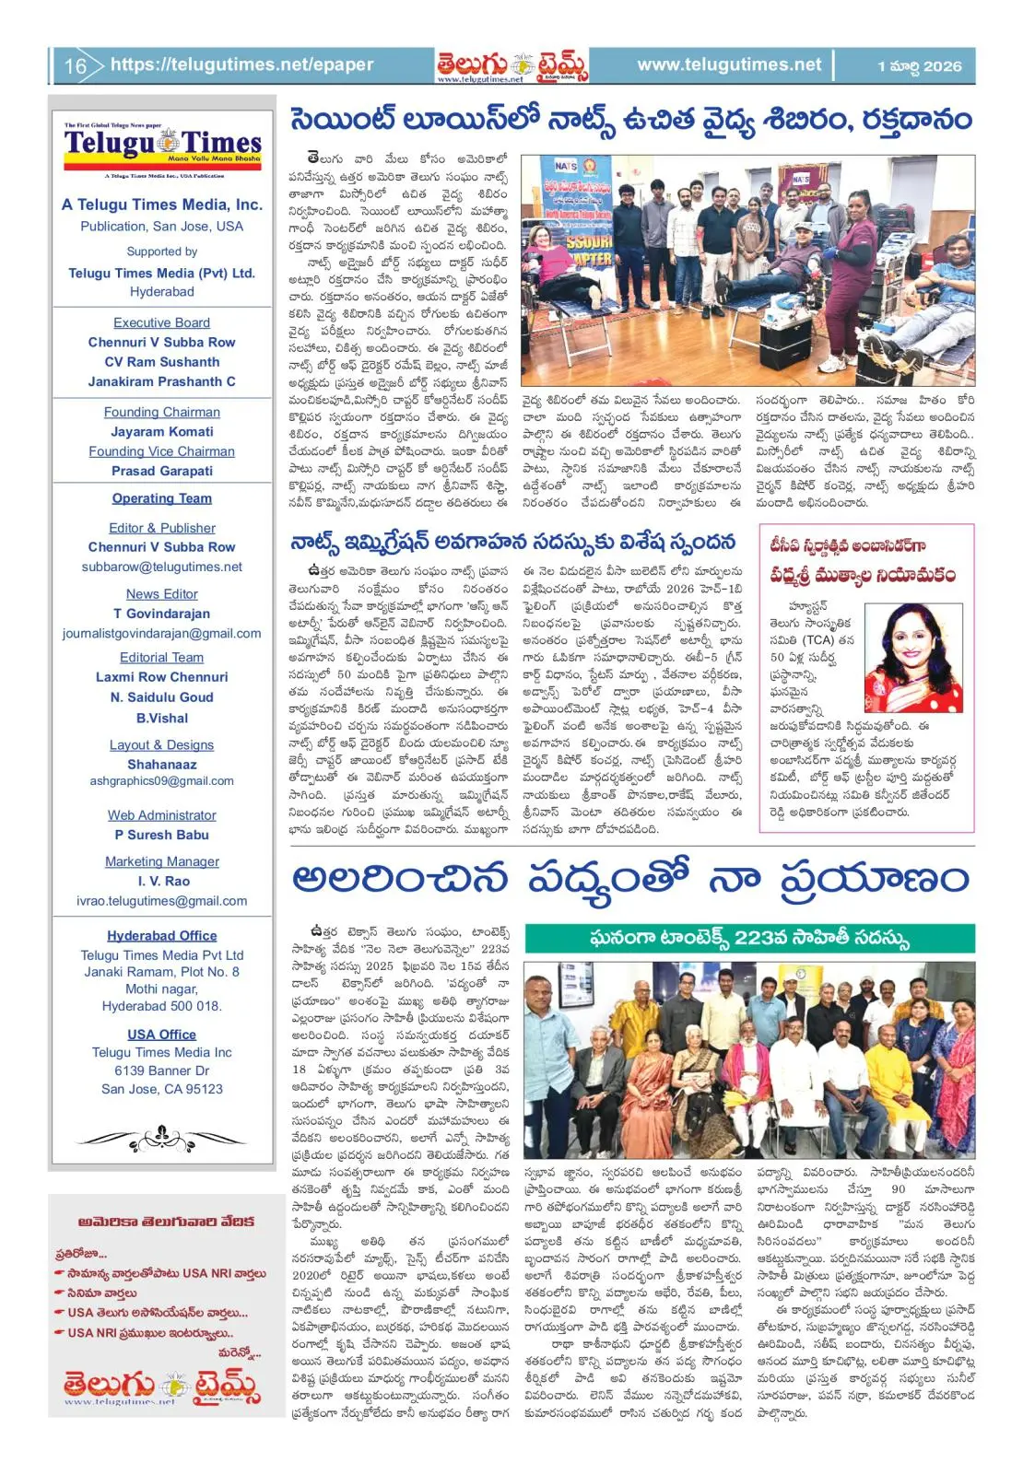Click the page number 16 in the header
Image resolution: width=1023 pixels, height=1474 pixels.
[x=75, y=66]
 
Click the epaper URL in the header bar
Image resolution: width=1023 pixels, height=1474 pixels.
[x=241, y=65]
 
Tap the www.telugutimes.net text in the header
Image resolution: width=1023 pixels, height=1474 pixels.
[x=728, y=65]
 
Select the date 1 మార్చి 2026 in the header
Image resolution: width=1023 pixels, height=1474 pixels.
[x=919, y=66]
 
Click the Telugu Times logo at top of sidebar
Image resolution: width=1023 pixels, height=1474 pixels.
[x=162, y=146]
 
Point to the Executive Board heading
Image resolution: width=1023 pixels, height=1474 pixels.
[x=161, y=322]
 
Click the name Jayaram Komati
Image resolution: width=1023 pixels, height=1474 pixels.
[x=162, y=431]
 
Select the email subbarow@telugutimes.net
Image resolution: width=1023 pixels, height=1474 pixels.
[x=162, y=567]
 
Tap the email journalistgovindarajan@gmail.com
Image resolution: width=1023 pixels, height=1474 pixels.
[x=162, y=633]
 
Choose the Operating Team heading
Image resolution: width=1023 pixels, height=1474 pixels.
[x=162, y=498]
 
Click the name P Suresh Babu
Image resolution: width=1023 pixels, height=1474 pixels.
[x=162, y=835]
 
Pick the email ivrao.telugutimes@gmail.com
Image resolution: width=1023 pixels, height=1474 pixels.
[x=162, y=901]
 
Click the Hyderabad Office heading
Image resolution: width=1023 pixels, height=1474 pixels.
[x=162, y=935]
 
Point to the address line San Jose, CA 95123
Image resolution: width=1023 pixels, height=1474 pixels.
[x=162, y=1089]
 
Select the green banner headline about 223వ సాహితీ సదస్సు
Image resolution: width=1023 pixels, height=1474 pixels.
[x=749, y=938]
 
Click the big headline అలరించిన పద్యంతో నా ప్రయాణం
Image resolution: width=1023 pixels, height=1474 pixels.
[x=630, y=878]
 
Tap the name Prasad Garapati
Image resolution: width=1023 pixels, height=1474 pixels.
[x=162, y=471]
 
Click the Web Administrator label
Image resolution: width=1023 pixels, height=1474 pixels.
[x=162, y=815]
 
